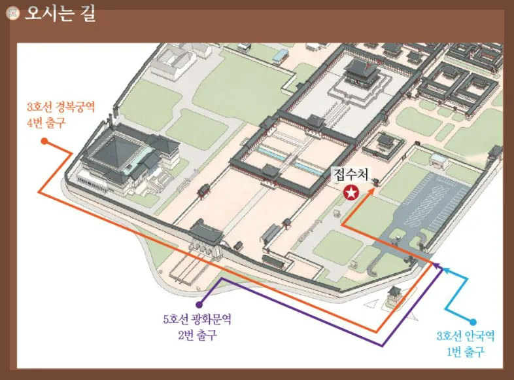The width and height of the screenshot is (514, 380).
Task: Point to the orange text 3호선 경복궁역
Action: click(61, 107)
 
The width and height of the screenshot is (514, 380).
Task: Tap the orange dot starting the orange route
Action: click(44, 141)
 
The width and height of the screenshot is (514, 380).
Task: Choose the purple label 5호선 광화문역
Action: click(197, 320)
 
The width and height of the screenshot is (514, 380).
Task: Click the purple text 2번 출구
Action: click(197, 335)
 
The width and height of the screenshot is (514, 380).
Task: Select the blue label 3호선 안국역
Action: click(465, 337)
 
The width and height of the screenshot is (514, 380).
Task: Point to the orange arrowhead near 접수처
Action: click(375, 189)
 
